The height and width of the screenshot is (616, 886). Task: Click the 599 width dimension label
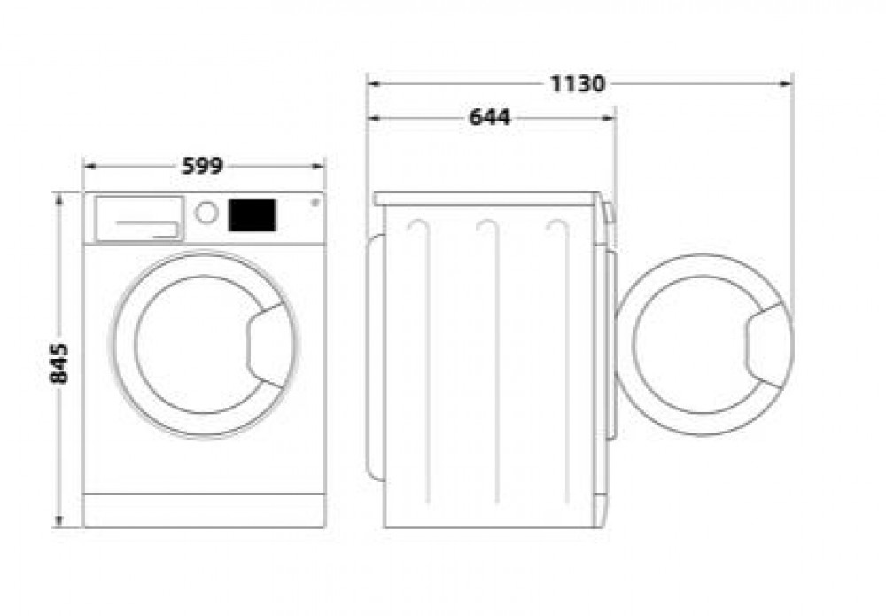pyautogui.click(x=203, y=166)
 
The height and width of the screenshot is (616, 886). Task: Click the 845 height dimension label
pyautogui.click(x=58, y=363)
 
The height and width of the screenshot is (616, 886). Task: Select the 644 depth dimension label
pyautogui.click(x=490, y=117)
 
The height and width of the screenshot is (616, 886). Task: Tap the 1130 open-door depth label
pyautogui.click(x=578, y=83)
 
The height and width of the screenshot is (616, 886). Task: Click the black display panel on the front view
pyautogui.click(x=252, y=215)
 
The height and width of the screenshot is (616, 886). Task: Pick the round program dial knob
pyautogui.click(x=206, y=213)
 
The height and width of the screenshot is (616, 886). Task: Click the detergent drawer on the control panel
pyautogui.click(x=139, y=219)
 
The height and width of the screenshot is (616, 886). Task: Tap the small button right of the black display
pyautogui.click(x=315, y=202)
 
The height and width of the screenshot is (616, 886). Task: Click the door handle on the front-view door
pyautogui.click(x=270, y=346)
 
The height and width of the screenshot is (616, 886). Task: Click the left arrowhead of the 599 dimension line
pyautogui.click(x=90, y=166)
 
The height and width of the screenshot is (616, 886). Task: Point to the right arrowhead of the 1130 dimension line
pyautogui.click(x=785, y=84)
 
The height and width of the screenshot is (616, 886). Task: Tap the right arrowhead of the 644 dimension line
pyautogui.click(x=609, y=118)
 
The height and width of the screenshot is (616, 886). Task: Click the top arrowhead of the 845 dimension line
pyautogui.click(x=59, y=199)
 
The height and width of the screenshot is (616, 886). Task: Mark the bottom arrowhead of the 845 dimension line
pyautogui.click(x=59, y=520)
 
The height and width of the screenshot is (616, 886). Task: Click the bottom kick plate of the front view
pyautogui.click(x=204, y=511)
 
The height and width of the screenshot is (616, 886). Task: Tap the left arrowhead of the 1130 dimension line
pyautogui.click(x=375, y=84)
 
